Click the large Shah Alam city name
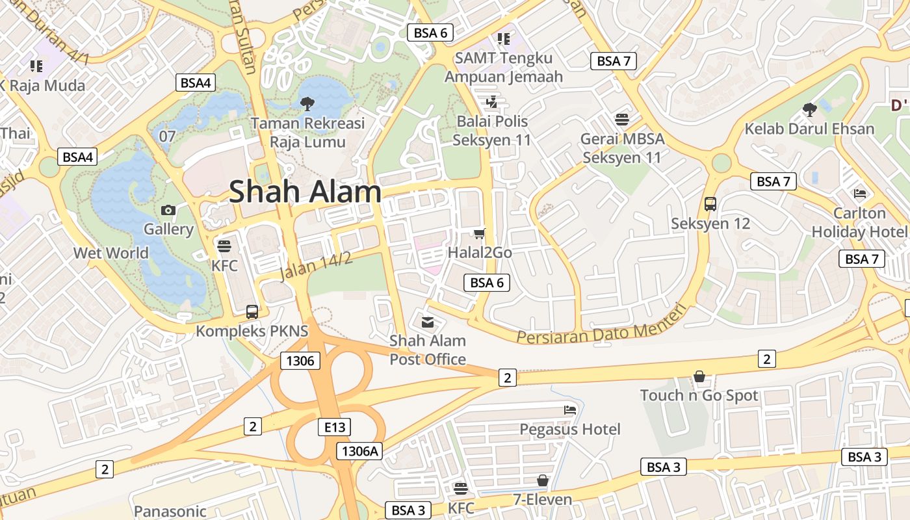[305, 191]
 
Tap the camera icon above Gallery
[168, 210]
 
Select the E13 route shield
[335, 427]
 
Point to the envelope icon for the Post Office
[428, 322]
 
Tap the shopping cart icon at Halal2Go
[480, 233]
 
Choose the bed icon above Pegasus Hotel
[570, 409]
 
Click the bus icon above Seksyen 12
[710, 204]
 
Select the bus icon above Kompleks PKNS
[252, 311]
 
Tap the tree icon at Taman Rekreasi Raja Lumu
[307, 103]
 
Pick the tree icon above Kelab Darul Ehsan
[809, 109]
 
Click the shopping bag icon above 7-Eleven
[543, 480]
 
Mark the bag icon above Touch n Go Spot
[699, 376]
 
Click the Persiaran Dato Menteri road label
[601, 326]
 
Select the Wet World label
[111, 253]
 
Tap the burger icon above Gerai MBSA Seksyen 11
[622, 120]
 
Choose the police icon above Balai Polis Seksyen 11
[491, 102]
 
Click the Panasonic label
[170, 512]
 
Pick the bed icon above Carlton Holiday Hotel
[860, 193]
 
